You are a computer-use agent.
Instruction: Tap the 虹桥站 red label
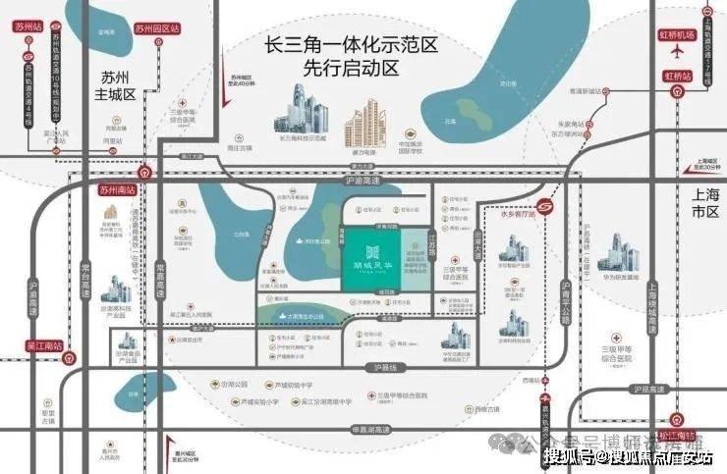(x=679, y=75)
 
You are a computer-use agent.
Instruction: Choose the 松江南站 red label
(x=677, y=434)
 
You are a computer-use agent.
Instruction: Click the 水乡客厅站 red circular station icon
(x=554, y=207)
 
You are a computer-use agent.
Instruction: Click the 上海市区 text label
(x=702, y=203)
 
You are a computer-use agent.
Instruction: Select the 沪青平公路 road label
(x=565, y=300)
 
